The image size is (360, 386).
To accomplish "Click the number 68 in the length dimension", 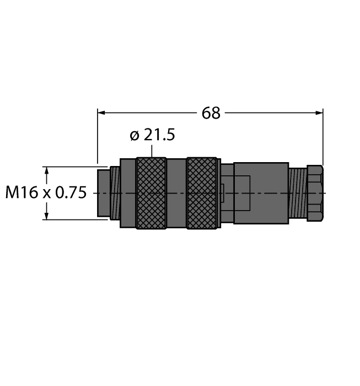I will click(211, 113).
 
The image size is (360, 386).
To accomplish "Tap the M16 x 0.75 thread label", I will click(46, 193).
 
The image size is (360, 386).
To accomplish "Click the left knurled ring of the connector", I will click(151, 193).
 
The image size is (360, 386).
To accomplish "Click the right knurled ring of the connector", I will click(201, 193).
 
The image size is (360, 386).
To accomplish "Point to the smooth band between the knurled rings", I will click(176, 193).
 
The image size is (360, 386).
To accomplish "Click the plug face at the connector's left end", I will click(103, 193).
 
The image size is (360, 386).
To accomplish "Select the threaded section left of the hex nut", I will click(297, 193).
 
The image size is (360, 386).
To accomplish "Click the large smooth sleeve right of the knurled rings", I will click(261, 193).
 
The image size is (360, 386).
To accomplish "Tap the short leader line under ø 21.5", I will click(151, 151).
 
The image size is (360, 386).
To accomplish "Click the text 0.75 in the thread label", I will click(71, 193).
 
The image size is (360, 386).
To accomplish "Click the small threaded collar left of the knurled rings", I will click(115, 193).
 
